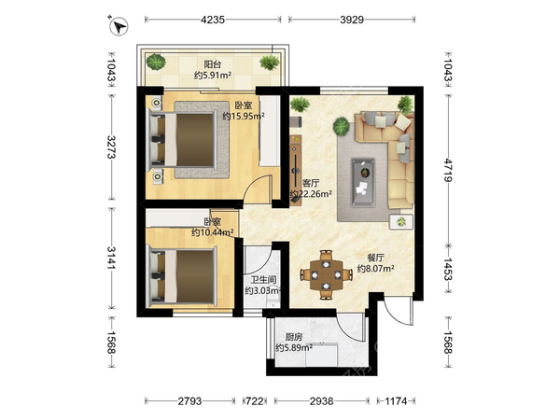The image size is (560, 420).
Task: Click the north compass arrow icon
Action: point(119,26)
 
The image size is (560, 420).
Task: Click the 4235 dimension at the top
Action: point(213,20)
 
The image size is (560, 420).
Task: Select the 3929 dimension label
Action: point(352,20)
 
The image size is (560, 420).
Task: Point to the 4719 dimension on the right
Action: point(448,170)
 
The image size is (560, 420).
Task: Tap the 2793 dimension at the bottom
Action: point(190,401)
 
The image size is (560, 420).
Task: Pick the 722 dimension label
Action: point(255,401)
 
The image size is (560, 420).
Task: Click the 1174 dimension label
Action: point(396,401)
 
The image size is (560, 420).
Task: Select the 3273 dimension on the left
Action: point(112,147)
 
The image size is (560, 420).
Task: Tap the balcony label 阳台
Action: point(213,64)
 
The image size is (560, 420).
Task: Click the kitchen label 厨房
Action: point(294,336)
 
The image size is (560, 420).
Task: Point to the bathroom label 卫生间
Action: point(263,280)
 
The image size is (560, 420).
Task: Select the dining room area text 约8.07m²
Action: point(376,268)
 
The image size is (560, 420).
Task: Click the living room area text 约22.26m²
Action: point(311,194)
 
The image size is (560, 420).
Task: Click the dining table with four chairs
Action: point(327,274)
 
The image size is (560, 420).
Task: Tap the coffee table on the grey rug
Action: point(363,183)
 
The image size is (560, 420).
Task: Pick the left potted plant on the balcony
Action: point(156,62)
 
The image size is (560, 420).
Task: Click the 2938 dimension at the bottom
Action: point(321,401)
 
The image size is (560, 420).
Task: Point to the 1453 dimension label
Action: point(448,270)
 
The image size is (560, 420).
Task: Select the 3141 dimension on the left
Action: point(112,259)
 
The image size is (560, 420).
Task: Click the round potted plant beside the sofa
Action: point(342,127)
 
